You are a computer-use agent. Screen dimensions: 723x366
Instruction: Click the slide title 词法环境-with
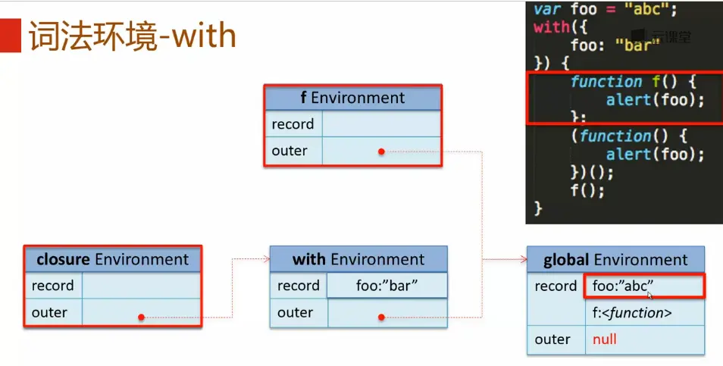pos(133,36)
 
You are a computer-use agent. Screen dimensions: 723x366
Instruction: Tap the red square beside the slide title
pos(10,36)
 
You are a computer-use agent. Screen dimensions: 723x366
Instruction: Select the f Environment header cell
pos(352,98)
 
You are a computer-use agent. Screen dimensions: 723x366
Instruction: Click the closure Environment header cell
pos(112,259)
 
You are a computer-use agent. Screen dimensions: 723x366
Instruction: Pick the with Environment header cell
pos(358,259)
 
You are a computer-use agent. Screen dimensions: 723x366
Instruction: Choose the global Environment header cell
pos(615,259)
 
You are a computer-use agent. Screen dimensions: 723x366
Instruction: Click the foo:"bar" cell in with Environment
pos(387,286)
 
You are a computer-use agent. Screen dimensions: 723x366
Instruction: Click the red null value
pos(605,339)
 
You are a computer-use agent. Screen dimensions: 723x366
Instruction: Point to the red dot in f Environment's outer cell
pos(381,152)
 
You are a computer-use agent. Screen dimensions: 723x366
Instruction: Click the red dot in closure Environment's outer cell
pos(141,318)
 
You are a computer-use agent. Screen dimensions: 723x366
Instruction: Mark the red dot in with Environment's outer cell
pos(381,318)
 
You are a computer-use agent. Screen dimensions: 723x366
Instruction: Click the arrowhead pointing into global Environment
pos(524,259)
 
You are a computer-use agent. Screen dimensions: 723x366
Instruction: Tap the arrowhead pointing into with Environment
pos(267,259)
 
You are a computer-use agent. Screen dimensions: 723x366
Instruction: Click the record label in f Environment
pos(293,124)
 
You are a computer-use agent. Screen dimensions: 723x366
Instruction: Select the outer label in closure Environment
pos(49,312)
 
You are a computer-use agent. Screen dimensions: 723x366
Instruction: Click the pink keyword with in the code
pos(552,27)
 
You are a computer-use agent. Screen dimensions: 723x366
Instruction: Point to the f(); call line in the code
pos(587,189)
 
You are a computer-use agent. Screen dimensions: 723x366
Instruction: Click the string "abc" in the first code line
pos(647,9)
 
